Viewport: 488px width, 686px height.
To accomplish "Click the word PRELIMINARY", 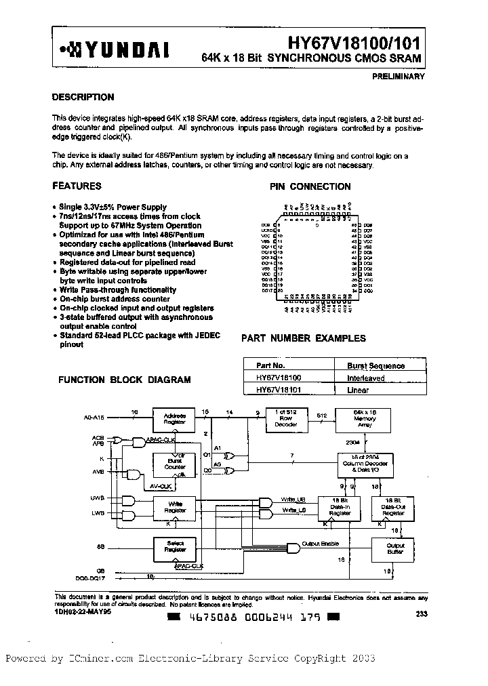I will (399, 77).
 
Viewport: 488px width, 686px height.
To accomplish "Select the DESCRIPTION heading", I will (83, 97).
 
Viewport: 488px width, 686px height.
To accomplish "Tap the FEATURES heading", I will (77, 186).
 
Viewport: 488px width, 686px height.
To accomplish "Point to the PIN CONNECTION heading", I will (310, 186).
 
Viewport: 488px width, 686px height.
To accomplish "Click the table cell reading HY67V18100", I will (279, 378).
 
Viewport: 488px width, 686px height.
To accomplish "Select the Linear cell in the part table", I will (357, 390).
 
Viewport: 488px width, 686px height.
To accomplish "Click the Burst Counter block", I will (175, 464).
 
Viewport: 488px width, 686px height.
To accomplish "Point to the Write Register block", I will (175, 506).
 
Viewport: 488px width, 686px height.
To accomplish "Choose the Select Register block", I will (175, 546).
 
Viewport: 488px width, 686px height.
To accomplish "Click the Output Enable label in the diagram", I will (321, 544).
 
